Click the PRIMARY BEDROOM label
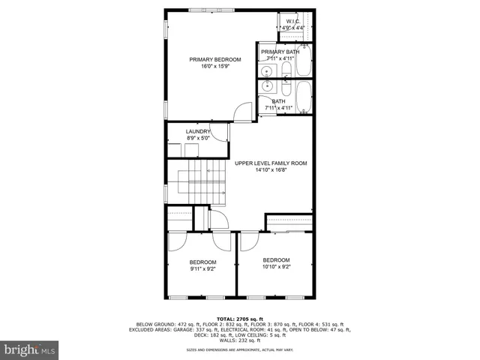pyautogui.click(x=214, y=59)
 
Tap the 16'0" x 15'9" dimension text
pyautogui.click(x=214, y=67)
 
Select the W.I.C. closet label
pyautogui.click(x=292, y=21)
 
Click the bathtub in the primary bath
pyautogui.click(x=304, y=61)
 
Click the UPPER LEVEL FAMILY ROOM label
pyautogui.click(x=271, y=163)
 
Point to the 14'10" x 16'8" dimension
pyautogui.click(x=271, y=169)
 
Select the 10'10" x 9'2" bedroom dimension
pyautogui.click(x=276, y=266)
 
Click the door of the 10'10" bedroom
pyautogui.click(x=247, y=241)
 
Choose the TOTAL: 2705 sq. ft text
pyautogui.click(x=241, y=319)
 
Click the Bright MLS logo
pyautogui.click(x=30, y=349)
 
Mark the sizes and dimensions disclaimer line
pyautogui.click(x=241, y=349)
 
